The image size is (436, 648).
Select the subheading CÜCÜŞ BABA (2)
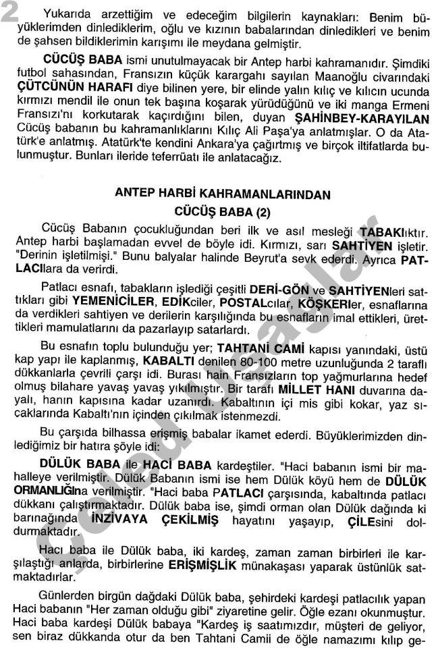222,212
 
